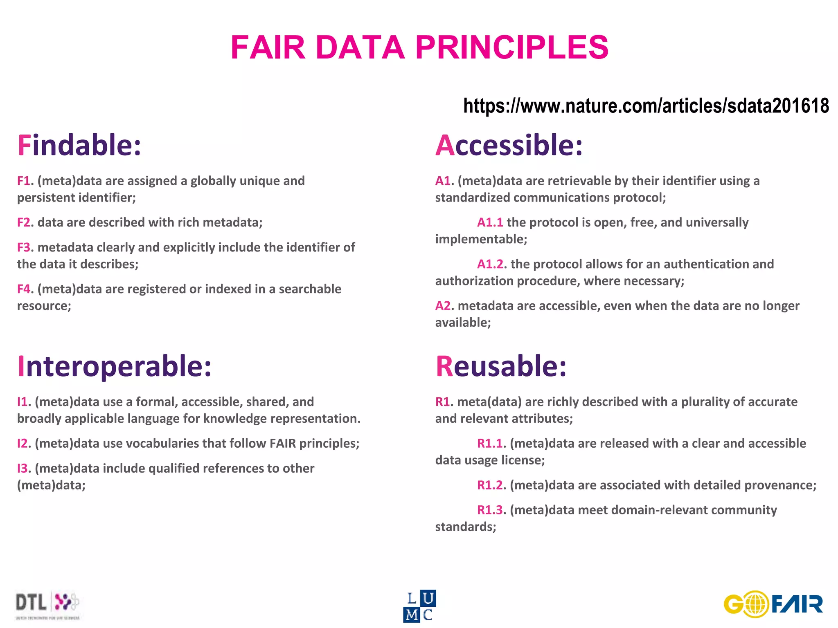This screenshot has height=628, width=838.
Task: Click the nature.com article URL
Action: (646, 106)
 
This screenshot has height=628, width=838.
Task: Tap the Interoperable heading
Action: (114, 366)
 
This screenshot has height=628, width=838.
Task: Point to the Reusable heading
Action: (501, 366)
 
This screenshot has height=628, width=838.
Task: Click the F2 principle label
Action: (24, 222)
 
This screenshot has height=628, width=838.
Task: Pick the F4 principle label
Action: (24, 289)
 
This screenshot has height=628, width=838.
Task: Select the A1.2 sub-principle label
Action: (490, 264)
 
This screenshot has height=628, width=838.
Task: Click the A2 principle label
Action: (443, 306)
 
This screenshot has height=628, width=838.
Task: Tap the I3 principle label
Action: (23, 469)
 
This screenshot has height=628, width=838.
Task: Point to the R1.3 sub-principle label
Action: (490, 510)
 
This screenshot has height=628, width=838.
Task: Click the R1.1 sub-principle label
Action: (490, 444)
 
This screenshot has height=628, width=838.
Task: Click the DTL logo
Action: (47, 605)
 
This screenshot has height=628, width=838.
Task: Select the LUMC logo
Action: (419, 606)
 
